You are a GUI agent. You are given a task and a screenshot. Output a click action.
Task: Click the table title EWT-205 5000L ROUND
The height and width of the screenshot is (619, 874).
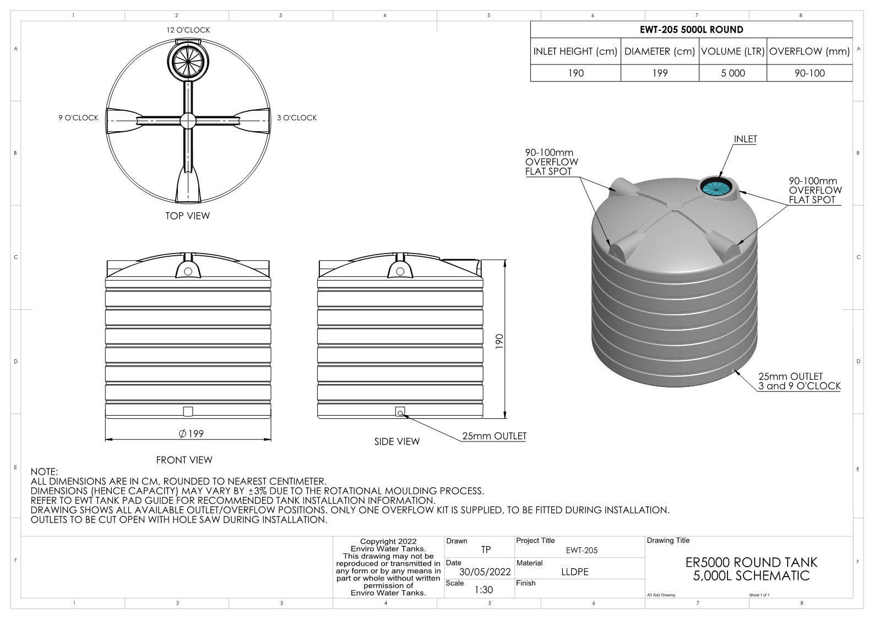tap(691, 30)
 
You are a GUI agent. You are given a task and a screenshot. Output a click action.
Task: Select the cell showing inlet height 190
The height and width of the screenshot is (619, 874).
tap(576, 73)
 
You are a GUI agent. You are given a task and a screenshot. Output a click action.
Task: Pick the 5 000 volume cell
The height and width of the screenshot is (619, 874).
tap(732, 73)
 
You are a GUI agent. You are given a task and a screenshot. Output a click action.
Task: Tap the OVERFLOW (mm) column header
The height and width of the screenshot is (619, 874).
tap(809, 52)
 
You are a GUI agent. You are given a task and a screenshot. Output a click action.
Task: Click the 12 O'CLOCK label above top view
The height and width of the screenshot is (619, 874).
tap(188, 30)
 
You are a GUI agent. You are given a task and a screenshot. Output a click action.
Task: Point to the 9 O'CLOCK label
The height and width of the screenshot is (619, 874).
tap(78, 117)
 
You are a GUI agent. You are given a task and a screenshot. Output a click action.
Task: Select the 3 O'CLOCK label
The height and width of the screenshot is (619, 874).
tap(297, 117)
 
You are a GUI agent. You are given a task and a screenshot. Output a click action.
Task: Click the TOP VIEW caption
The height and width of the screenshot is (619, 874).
tap(187, 216)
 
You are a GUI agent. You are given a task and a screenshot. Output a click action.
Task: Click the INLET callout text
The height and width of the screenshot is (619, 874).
tap(745, 139)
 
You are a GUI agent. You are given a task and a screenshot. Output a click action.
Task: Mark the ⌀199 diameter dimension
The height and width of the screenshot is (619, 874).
tap(191, 434)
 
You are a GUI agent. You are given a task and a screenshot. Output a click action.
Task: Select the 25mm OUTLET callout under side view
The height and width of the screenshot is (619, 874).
tap(494, 436)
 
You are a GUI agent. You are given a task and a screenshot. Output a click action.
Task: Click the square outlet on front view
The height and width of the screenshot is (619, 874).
tap(188, 411)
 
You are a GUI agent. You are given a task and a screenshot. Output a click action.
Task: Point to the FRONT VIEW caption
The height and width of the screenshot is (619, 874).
tap(184, 460)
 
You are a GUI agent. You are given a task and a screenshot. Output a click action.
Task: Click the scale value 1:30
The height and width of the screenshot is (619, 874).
tap(483, 590)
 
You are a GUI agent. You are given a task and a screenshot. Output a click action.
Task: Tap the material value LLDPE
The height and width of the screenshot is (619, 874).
tap(574, 572)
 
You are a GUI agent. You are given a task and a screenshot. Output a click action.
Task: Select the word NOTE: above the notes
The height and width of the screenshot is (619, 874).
tap(44, 472)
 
